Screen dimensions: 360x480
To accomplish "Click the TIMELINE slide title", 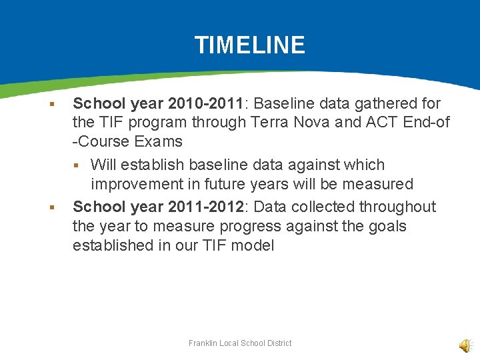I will (x=249, y=45).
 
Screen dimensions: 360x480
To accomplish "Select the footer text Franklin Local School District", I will (x=240, y=343).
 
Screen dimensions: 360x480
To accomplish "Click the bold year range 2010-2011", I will (x=206, y=103).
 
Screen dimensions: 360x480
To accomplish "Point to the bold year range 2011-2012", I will (x=206, y=207).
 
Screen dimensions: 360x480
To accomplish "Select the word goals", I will (x=385, y=226).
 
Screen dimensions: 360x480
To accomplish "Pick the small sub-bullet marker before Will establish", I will (x=77, y=165).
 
